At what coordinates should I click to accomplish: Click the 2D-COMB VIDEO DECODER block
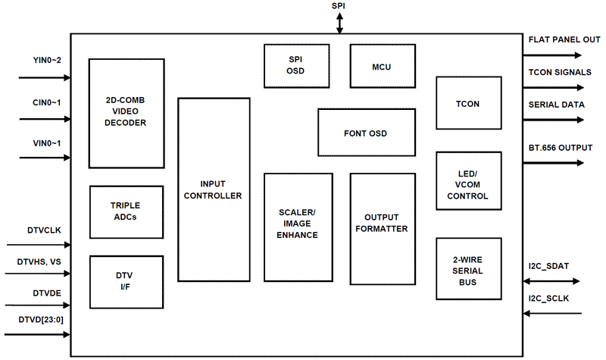click(x=127, y=111)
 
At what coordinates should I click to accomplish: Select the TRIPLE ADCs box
click(x=126, y=211)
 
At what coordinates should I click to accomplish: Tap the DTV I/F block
click(x=126, y=281)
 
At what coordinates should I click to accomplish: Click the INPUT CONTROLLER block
click(x=214, y=189)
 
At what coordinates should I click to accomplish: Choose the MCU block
click(x=382, y=66)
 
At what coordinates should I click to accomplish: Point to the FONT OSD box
click(x=366, y=133)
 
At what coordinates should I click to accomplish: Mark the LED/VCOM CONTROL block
click(x=469, y=185)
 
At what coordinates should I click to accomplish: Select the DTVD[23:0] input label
click(x=41, y=318)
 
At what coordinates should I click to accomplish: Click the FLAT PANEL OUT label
click(x=564, y=39)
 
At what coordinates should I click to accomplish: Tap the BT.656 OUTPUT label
click(x=561, y=147)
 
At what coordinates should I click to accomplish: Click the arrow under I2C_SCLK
click(x=553, y=311)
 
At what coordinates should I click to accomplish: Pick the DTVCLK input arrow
click(x=38, y=245)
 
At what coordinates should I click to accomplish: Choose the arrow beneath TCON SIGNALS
click(x=553, y=87)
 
